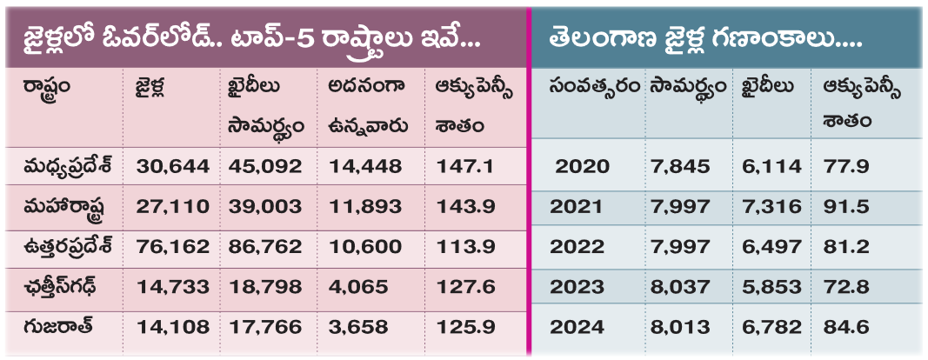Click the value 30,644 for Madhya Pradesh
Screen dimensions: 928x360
173,166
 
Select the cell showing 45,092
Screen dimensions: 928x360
265,166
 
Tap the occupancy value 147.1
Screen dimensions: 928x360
464,166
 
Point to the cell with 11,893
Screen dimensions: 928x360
365,207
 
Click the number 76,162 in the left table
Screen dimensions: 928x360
173,247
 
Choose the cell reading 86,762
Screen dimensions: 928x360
265,247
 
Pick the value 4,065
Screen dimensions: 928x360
358,287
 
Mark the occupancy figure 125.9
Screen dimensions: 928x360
466,327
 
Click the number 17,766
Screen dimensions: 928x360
265,327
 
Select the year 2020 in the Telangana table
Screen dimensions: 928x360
583,166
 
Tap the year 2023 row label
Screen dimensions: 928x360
577,287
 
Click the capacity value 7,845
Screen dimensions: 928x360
679,166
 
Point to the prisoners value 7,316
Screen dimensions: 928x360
771,207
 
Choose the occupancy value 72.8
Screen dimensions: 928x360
846,287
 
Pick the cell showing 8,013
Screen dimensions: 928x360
679,327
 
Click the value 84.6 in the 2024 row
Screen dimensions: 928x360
846,327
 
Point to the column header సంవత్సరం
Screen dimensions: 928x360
594,88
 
